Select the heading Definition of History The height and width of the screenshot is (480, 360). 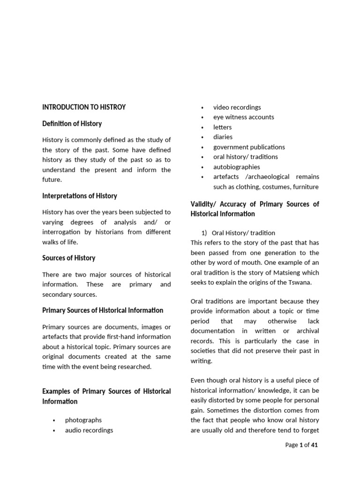pyautogui.click(x=72, y=124)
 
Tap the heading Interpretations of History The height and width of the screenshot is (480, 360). pyautogui.click(x=79, y=196)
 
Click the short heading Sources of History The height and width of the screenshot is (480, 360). pyautogui.click(x=68, y=258)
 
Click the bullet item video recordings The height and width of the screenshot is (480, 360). pyautogui.click(x=237, y=107)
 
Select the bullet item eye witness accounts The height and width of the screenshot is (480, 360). pyautogui.click(x=243, y=117)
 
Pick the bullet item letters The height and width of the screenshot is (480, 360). pyautogui.click(x=222, y=127)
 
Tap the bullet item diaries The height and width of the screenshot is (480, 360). pyautogui.click(x=223, y=137)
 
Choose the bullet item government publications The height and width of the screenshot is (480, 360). pyautogui.click(x=249, y=147)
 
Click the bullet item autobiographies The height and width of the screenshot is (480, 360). pyautogui.click(x=236, y=167)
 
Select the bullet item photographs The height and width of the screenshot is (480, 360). pyautogui.click(x=83, y=420)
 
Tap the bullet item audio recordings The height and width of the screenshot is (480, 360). pyautogui.click(x=89, y=430)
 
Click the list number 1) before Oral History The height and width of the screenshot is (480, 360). pyautogui.click(x=204, y=232)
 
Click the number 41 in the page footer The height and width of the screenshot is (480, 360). pyautogui.click(x=315, y=445)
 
